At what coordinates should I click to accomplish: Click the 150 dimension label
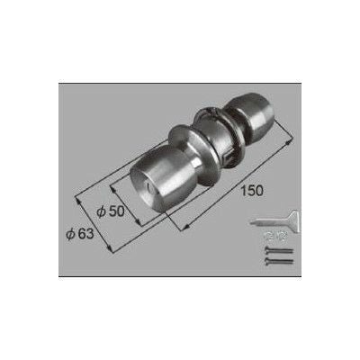click(252, 191)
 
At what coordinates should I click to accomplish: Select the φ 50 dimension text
click(111, 211)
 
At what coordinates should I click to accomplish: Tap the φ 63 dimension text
click(80, 234)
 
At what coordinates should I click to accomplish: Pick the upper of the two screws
click(279, 250)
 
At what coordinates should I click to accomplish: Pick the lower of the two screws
click(279, 261)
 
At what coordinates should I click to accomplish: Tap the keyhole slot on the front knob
click(149, 189)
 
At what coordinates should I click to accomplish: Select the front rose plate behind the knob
click(195, 153)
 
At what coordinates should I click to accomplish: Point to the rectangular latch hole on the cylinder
click(228, 156)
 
